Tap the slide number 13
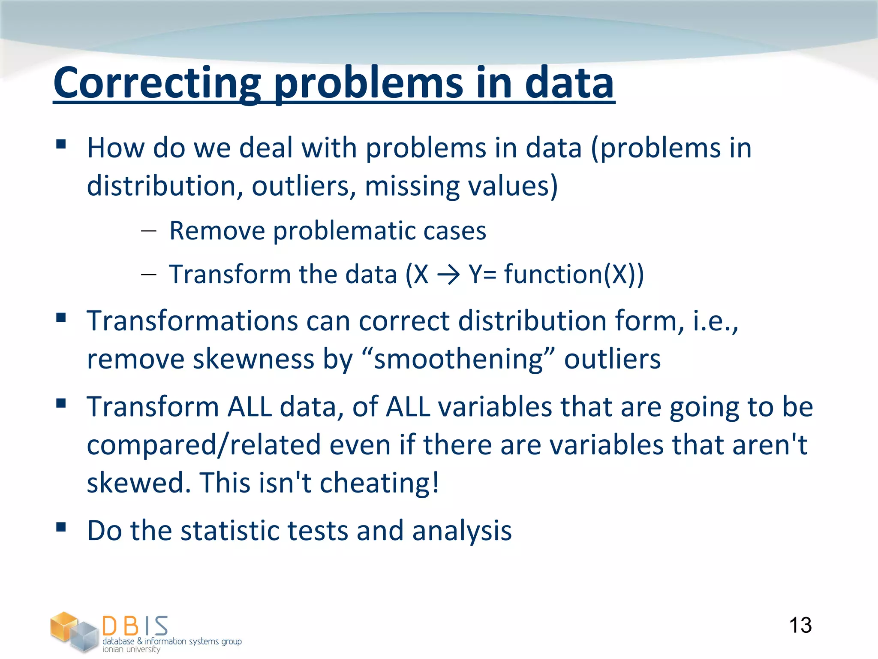pyautogui.click(x=800, y=625)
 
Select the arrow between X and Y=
pyautogui.click(x=448, y=275)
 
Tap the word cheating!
pyautogui.click(x=379, y=483)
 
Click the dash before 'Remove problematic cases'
pyautogui.click(x=148, y=231)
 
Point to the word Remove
pyautogui.click(x=217, y=231)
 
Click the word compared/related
pyautogui.click(x=204, y=444)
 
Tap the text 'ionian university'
pyautogui.click(x=132, y=650)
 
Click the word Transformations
pyautogui.click(x=192, y=320)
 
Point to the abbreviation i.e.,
pyautogui.click(x=716, y=320)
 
